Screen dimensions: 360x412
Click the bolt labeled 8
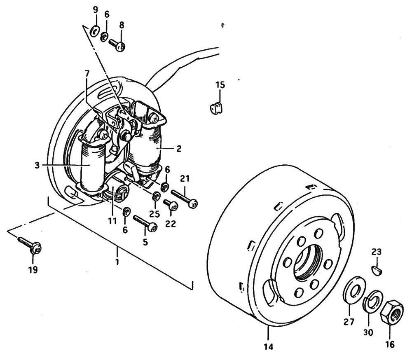(116, 44)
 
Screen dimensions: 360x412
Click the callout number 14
(268, 347)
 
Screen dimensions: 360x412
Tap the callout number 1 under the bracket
(117, 262)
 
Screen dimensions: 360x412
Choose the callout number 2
(179, 148)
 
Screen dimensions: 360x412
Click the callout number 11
(112, 221)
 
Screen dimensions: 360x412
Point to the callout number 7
(87, 73)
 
